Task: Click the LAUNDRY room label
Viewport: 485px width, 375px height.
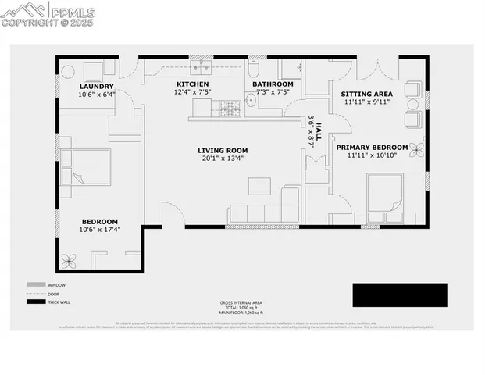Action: tap(96, 86)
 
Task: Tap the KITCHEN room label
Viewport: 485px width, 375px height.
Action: tap(192, 84)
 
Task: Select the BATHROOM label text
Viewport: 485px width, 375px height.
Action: tap(273, 84)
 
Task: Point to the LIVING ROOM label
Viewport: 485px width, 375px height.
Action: tap(223, 150)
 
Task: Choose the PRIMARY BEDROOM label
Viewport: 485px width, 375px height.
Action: tap(372, 147)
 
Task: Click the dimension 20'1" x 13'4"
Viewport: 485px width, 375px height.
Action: tap(223, 159)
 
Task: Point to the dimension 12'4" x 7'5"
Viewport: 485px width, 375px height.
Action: tap(192, 92)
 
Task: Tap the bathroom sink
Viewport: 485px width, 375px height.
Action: tap(251, 100)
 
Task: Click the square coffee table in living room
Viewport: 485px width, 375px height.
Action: tap(259, 186)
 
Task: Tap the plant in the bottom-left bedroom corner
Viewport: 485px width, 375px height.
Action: tap(70, 261)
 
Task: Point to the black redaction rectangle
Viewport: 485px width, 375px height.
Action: tap(399, 295)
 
